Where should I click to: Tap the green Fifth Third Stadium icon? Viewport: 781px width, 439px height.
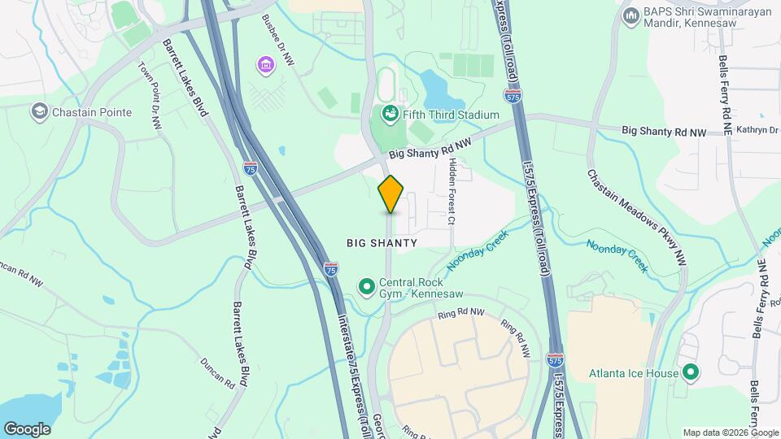pyautogui.click(x=389, y=115)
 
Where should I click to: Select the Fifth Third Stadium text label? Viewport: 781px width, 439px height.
pyautogui.click(x=452, y=115)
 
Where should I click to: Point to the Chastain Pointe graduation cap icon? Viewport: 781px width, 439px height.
pyautogui.click(x=38, y=111)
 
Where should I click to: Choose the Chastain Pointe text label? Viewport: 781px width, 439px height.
pyautogui.click(x=93, y=111)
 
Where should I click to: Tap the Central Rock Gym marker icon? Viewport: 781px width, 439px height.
pyautogui.click(x=366, y=285)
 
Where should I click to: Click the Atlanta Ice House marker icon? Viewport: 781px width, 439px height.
pyautogui.click(x=691, y=373)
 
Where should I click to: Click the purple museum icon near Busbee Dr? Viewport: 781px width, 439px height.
pyautogui.click(x=264, y=64)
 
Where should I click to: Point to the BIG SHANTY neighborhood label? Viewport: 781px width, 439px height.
pyautogui.click(x=382, y=243)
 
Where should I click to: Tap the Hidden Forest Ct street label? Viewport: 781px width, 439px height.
pyautogui.click(x=452, y=191)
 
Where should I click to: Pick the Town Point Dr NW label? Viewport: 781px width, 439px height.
pyautogui.click(x=151, y=96)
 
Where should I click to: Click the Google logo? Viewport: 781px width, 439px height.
pyautogui.click(x=27, y=428)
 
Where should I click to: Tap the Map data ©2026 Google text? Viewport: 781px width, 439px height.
pyautogui.click(x=730, y=432)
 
